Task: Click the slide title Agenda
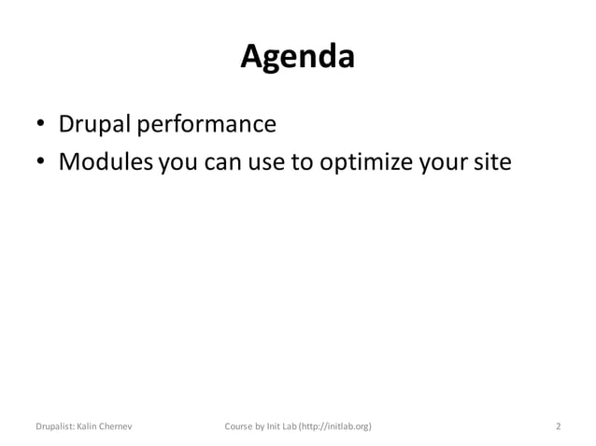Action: click(x=297, y=58)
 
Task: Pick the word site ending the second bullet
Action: click(x=490, y=162)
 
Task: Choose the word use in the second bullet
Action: click(x=269, y=163)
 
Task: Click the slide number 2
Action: click(x=558, y=427)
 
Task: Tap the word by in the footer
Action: click(x=263, y=427)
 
